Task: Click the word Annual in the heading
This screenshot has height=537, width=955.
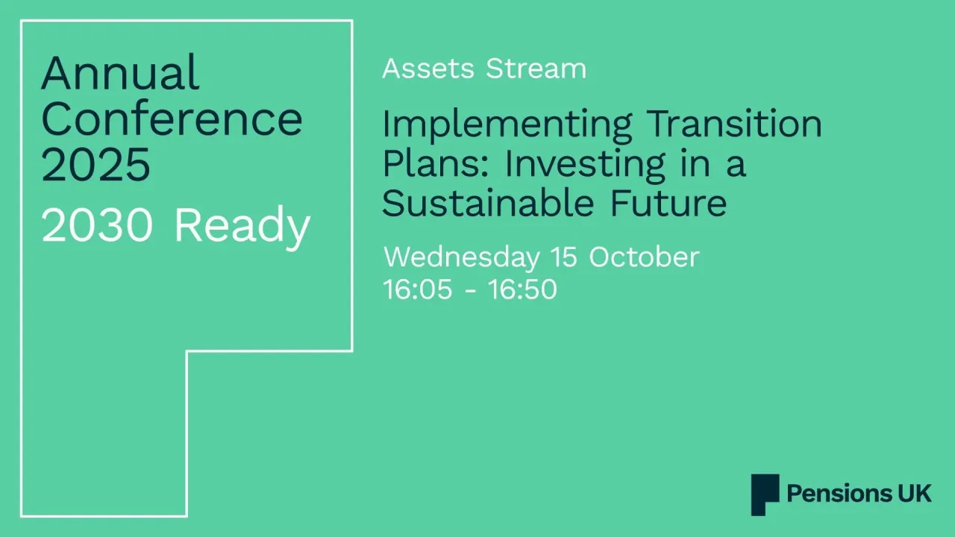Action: click(120, 73)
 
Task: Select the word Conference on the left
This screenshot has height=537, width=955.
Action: click(172, 119)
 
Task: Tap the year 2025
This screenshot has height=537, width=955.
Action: click(95, 165)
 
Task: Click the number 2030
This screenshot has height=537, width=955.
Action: click(98, 225)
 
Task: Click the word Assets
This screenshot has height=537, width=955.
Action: click(428, 69)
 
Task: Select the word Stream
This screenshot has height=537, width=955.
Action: click(536, 69)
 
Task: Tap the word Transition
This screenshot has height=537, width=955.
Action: click(733, 123)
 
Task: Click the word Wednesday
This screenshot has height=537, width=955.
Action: click(461, 257)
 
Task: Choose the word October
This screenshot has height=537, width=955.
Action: click(644, 257)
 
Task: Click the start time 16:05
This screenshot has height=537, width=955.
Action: click(417, 289)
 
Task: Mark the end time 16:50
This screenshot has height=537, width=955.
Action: click(522, 289)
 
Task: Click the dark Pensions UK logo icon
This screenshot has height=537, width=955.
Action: click(765, 494)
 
